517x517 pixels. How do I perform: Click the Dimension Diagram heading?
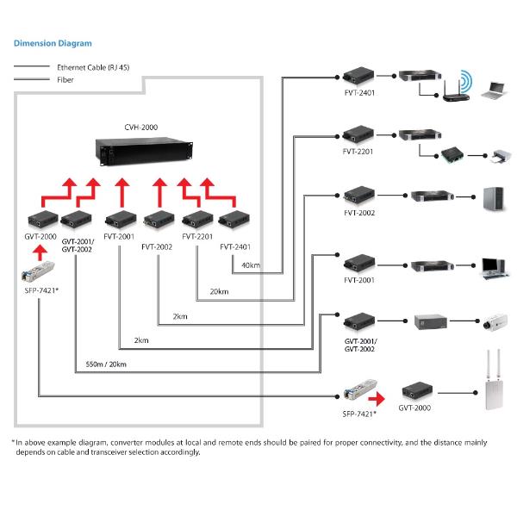(53, 42)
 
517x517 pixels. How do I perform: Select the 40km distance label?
(251, 265)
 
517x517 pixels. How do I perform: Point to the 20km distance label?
(218, 291)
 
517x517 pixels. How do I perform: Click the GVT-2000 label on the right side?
(414, 408)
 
